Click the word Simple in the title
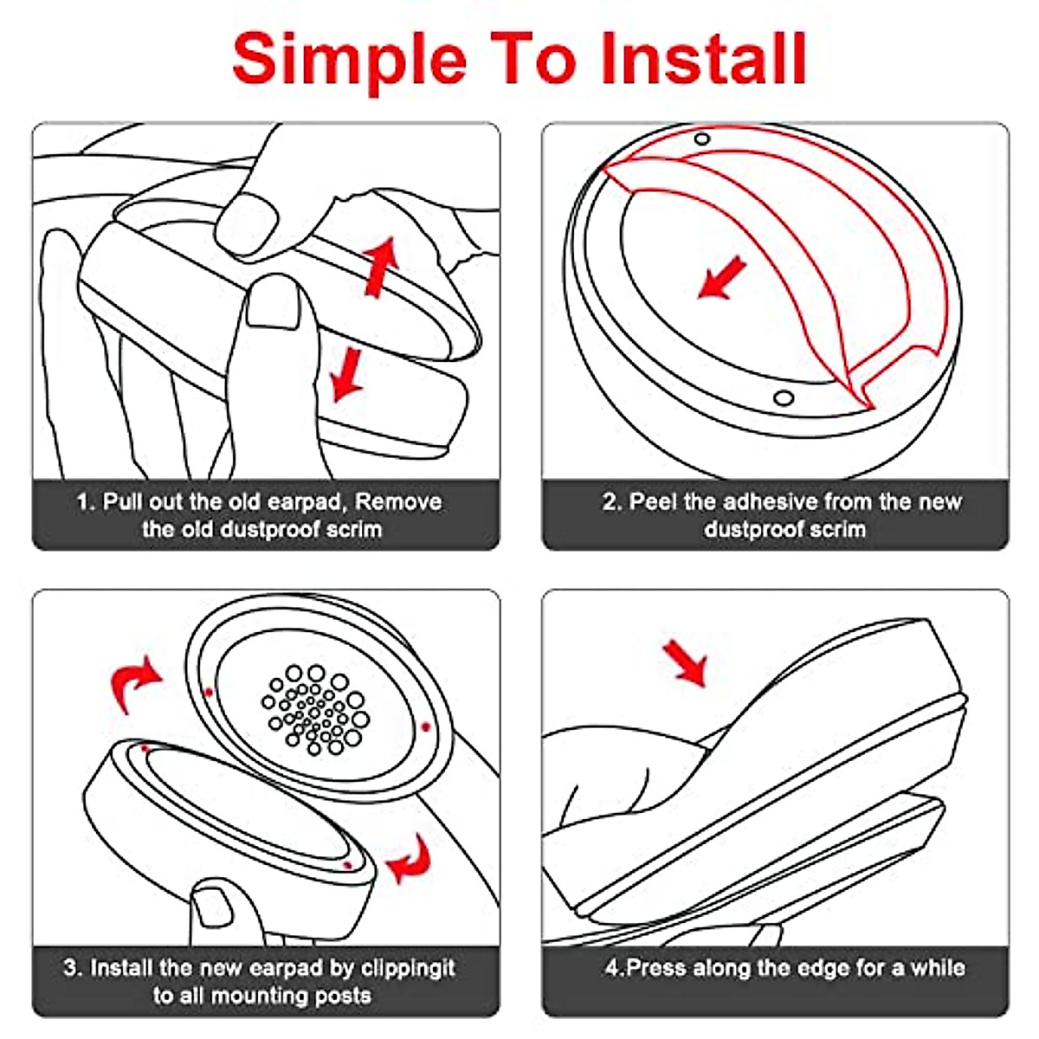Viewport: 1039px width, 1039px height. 350,60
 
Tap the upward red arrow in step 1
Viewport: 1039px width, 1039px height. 381,267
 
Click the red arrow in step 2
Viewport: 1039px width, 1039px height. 721,278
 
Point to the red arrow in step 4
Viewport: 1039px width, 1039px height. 685,663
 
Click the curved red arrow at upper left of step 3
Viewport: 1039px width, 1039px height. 133,682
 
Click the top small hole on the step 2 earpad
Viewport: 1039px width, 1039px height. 701,139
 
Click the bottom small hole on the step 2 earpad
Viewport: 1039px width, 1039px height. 784,398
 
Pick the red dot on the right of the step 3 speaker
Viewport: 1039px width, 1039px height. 425,727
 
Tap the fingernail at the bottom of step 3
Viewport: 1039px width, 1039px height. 213,907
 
